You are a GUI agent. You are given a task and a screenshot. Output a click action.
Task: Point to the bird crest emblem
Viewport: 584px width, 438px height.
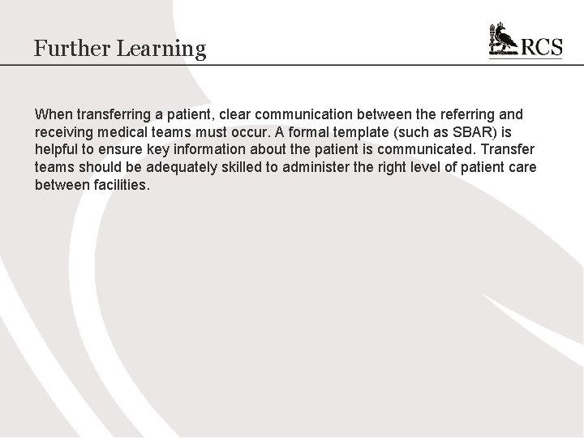coord(504,41)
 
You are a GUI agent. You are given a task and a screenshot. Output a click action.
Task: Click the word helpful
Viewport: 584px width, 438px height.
coord(58,149)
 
